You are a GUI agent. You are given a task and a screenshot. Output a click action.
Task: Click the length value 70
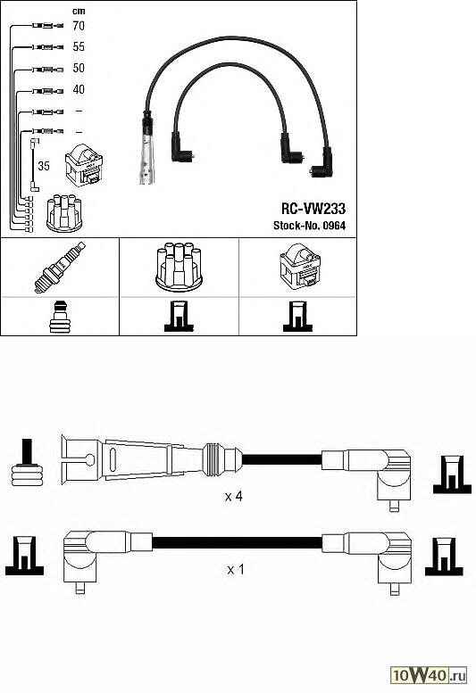[x=78, y=27]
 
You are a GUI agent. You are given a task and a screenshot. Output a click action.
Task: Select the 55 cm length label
[x=78, y=46]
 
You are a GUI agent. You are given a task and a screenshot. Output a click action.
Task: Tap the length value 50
[x=78, y=68]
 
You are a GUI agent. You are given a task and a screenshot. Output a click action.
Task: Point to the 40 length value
[x=78, y=89]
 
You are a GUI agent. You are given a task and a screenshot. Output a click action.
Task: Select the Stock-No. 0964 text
[x=308, y=226]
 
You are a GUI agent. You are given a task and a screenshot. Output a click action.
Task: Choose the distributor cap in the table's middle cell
[x=178, y=265]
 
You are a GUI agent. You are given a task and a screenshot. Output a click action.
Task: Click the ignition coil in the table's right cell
[x=296, y=267]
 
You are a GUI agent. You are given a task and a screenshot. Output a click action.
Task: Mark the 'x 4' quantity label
[x=233, y=496]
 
